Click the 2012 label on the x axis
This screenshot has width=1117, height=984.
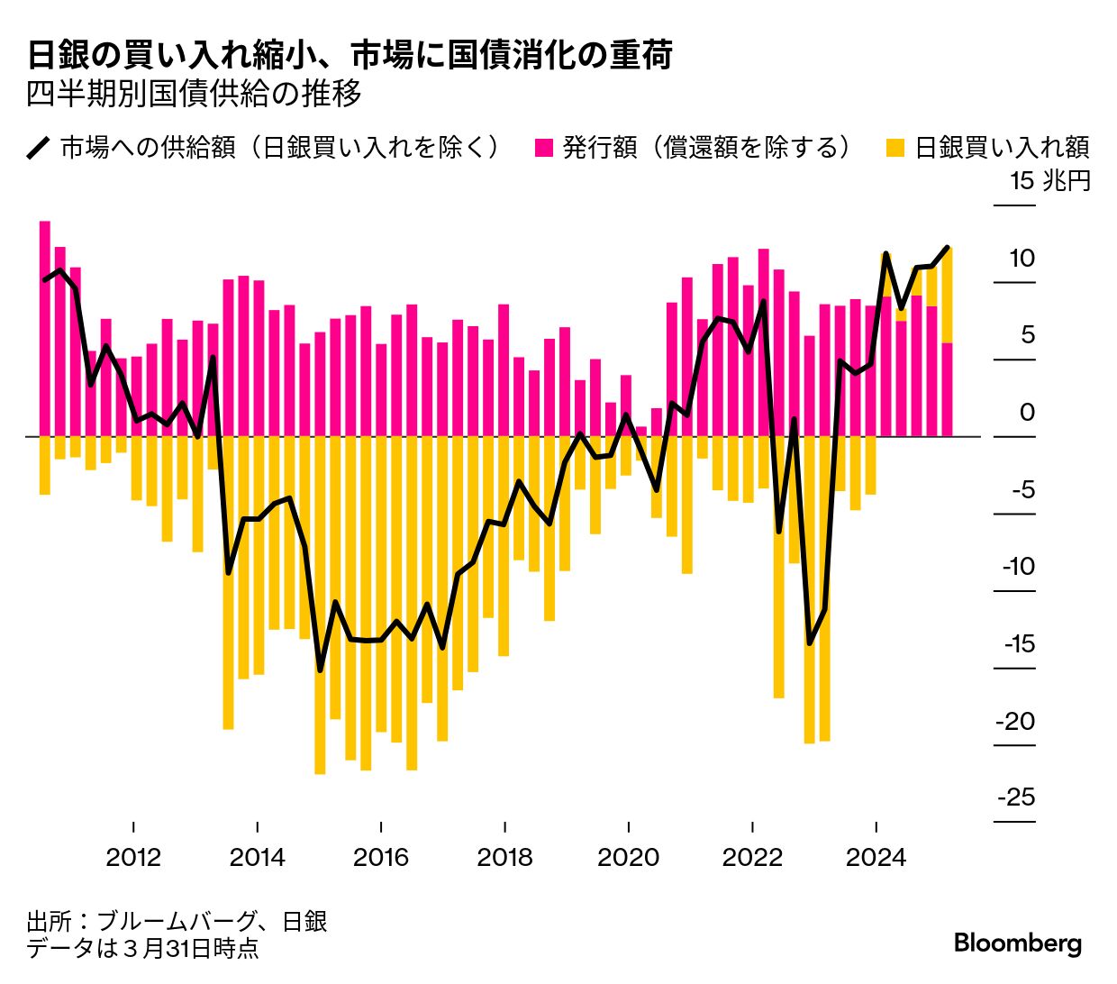[133, 856]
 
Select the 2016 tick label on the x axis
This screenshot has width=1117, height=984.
[381, 856]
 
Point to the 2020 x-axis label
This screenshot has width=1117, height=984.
[628, 856]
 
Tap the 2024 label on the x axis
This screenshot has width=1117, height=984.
[876, 856]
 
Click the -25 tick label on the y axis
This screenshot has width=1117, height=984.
[1016, 797]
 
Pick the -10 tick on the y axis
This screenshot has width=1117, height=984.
[1019, 567]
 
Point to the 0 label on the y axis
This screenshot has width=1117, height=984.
[1027, 413]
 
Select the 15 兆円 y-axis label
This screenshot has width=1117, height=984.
[1049, 181]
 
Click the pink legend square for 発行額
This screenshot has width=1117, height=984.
[543, 148]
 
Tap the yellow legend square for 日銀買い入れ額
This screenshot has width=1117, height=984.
[895, 148]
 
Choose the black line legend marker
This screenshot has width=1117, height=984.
[39, 148]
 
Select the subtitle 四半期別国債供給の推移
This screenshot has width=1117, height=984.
[194, 94]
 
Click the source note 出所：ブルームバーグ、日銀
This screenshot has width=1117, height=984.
[177, 921]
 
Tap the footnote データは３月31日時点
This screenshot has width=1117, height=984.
[142, 948]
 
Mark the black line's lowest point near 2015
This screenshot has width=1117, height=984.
[320, 670]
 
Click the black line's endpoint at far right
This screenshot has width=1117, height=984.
[947, 247]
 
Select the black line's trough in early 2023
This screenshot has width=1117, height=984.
[809, 642]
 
